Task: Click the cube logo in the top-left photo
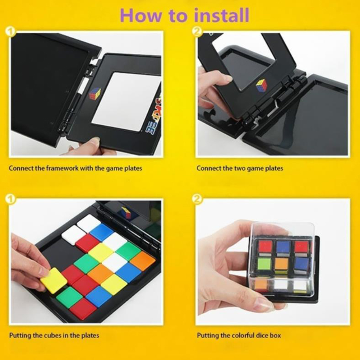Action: [95, 93]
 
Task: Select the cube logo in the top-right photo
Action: [262, 86]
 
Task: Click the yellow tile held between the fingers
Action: [54, 280]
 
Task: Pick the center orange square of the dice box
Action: [282, 265]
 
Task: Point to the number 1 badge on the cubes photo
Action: [10, 199]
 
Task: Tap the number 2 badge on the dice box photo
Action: [197, 199]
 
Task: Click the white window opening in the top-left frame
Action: [127, 101]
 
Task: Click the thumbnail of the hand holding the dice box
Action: [273, 262]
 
